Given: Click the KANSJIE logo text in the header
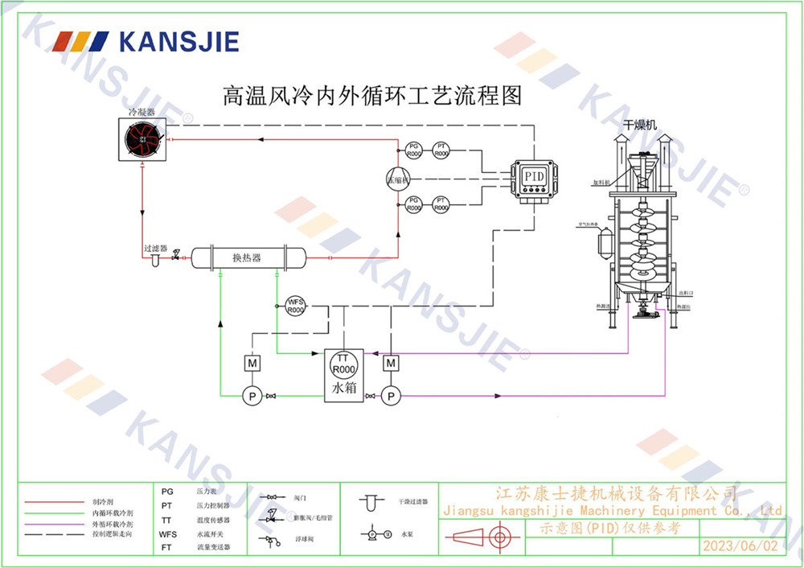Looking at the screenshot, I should pos(178,40).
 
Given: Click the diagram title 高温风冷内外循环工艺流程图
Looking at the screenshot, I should pos(371,97).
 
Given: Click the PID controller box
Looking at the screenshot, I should pos(532,179).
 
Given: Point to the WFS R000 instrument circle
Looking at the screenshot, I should pos(296,306).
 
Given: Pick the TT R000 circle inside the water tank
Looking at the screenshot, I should pos(343,364).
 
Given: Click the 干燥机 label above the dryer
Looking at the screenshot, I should pos(640,125).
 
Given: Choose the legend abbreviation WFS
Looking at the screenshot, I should pos(167,534).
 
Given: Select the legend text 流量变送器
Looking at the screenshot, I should pos(212,547).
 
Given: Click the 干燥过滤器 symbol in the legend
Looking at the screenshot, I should pos(370,504).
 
